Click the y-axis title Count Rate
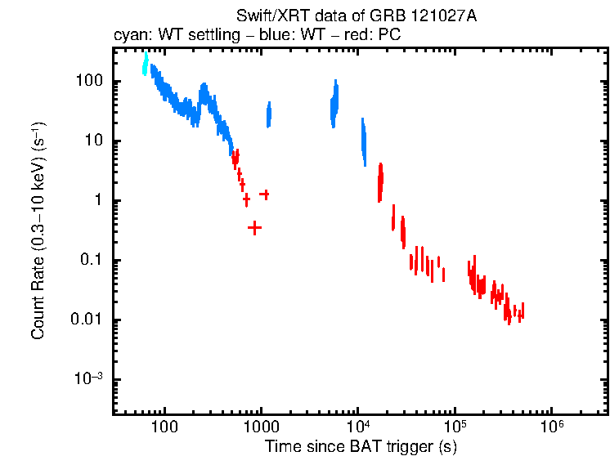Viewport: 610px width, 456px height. click(x=38, y=230)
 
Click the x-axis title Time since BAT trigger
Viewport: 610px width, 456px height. click(x=361, y=446)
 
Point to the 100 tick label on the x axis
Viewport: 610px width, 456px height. click(x=164, y=427)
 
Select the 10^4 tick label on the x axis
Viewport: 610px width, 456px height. click(x=358, y=426)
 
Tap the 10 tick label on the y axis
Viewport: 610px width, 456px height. click(x=92, y=141)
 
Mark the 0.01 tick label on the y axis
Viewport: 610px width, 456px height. click(x=87, y=320)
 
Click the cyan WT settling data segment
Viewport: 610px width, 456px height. click(x=146, y=64)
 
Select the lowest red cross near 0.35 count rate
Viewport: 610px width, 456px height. click(x=255, y=228)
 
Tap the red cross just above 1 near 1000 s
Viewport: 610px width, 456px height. click(x=264, y=194)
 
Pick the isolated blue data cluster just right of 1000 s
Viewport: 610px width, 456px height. click(x=268, y=116)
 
